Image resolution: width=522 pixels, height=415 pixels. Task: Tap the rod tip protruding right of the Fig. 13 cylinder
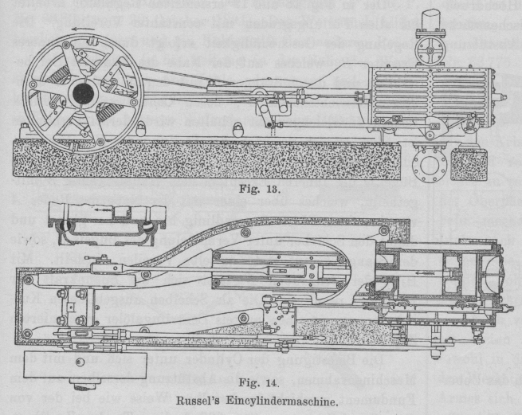coord(502,98)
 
